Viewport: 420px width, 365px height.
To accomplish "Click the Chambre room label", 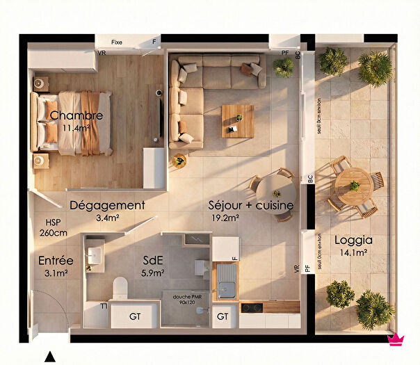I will [x=76, y=115].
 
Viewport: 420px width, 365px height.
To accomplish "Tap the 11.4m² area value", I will [x=76, y=128].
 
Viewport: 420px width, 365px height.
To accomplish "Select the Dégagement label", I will [x=107, y=206].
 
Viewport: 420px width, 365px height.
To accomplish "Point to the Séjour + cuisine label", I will [x=251, y=206].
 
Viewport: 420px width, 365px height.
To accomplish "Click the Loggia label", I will [x=353, y=241].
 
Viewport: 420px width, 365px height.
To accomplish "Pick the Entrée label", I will [x=56, y=261].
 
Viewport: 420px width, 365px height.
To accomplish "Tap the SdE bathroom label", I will [x=153, y=260].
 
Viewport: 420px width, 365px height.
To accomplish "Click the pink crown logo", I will [x=396, y=339].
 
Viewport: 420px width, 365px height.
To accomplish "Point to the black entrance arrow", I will [x=49, y=357].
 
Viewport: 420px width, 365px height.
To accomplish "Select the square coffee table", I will [x=238, y=120].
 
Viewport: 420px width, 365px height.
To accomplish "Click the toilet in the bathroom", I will [x=120, y=287].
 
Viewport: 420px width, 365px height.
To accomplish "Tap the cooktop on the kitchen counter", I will [x=251, y=307].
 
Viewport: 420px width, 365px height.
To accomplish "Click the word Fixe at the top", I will [x=117, y=42].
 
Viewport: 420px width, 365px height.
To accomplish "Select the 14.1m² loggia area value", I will [x=353, y=252].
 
